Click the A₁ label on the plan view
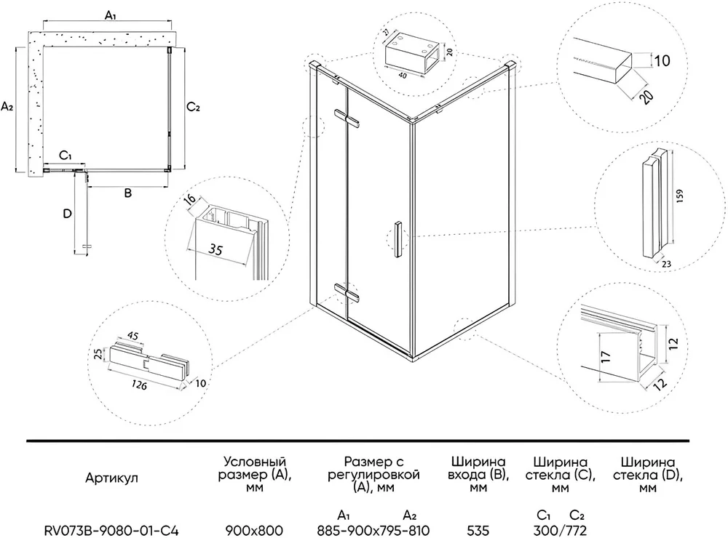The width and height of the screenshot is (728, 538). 111,15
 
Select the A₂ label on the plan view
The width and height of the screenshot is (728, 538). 8,107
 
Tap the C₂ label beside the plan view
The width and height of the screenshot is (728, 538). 194,108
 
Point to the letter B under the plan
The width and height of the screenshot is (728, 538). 127,194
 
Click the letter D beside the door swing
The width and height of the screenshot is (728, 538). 67,214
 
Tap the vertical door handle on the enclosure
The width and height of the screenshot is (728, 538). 397,238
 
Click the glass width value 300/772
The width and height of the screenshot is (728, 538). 561,530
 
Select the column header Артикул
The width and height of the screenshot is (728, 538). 111,477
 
